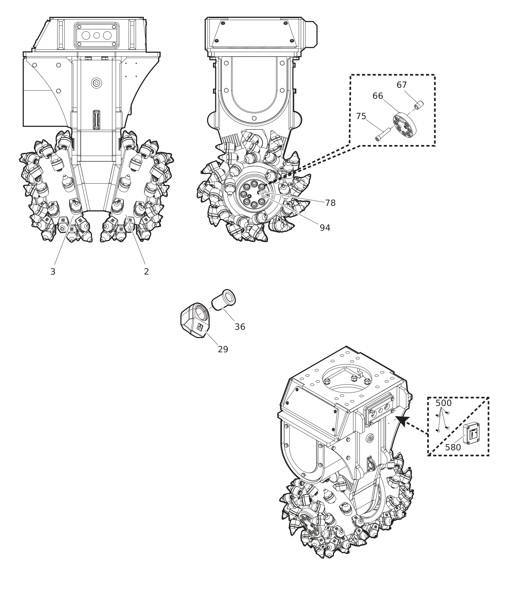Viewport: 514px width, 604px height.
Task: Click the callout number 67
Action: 402,85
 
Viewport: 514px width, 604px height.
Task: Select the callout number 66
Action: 378,96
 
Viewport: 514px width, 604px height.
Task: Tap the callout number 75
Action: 361,116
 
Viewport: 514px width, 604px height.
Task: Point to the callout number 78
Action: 330,203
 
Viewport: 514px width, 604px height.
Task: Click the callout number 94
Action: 325,228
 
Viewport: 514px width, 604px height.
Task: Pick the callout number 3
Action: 53,272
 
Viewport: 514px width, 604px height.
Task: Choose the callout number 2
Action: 146,272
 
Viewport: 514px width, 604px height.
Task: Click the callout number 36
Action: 240,327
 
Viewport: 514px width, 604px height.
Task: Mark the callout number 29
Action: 223,350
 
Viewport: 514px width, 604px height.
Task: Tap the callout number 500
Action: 443,403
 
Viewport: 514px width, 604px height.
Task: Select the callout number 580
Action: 453,448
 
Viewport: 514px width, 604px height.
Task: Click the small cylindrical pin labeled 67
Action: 419,105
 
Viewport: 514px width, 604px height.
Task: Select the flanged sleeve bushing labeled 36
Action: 223,300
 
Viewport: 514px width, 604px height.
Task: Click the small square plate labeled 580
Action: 471,433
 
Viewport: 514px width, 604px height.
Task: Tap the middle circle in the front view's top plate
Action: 96,36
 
